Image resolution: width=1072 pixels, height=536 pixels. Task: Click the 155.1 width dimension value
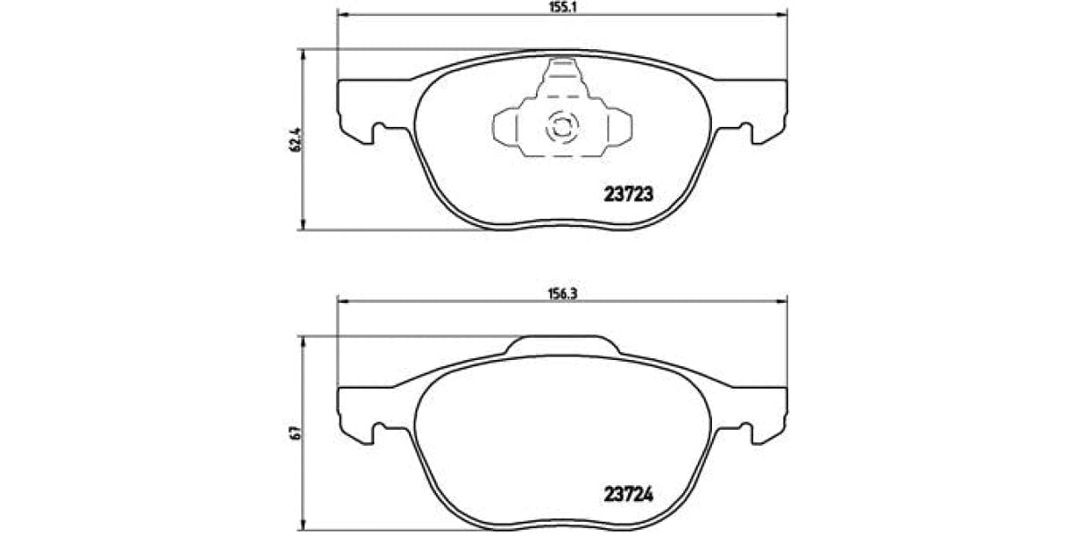[560, 5]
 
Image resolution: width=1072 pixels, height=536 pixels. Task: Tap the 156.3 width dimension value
[560, 291]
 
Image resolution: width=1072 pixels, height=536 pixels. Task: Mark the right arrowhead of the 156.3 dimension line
[783, 301]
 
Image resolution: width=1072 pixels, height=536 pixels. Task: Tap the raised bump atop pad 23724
[562, 345]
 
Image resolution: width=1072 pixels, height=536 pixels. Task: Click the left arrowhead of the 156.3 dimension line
[342, 301]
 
